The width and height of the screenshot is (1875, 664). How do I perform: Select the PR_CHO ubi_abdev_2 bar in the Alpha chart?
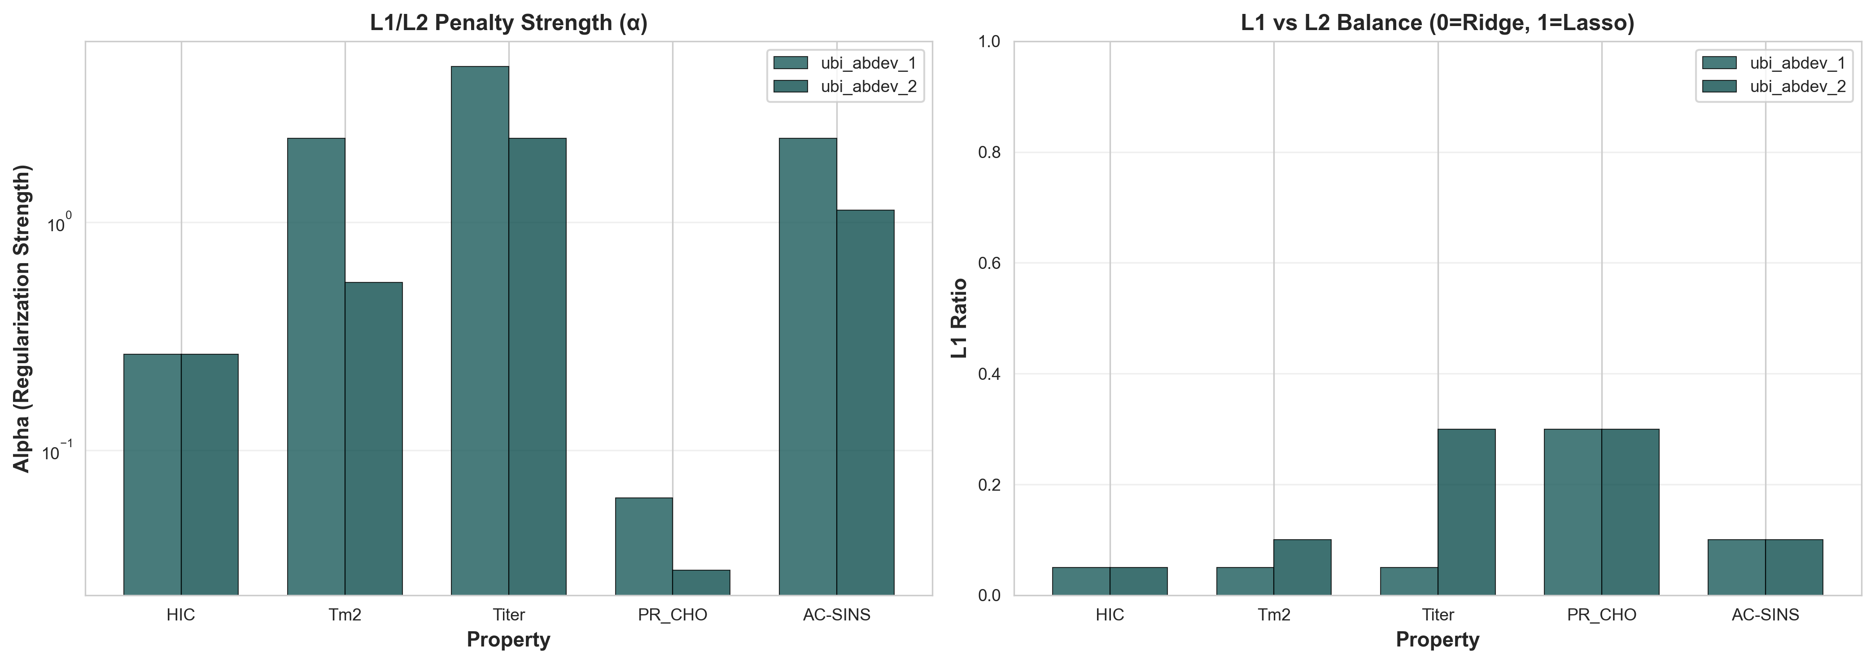click(701, 582)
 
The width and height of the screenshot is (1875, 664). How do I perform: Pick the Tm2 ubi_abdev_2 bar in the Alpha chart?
click(373, 438)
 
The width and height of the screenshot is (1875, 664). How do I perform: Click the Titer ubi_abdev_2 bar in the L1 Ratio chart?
click(1466, 512)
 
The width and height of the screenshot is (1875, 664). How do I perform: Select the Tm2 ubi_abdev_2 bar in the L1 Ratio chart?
click(1302, 567)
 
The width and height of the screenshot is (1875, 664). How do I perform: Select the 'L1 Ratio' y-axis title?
click(960, 318)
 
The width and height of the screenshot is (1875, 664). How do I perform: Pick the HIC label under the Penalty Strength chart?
click(180, 615)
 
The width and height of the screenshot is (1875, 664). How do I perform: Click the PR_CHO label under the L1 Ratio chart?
click(1601, 615)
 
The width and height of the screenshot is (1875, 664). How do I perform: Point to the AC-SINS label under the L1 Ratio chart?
click(1765, 615)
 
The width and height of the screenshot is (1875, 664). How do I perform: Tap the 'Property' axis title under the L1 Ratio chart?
click(1438, 640)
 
